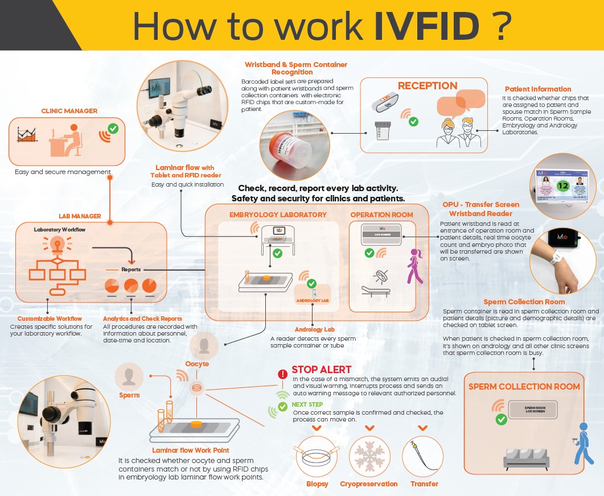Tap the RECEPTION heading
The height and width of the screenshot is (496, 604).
click(428, 86)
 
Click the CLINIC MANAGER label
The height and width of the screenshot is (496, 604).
click(69, 111)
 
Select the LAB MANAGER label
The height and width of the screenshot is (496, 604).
click(80, 216)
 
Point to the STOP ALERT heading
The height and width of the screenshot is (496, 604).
click(321, 370)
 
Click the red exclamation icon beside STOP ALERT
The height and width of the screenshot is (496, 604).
click(282, 374)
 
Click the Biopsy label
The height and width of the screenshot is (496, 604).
click(317, 484)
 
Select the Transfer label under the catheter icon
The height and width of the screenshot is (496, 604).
click(424, 484)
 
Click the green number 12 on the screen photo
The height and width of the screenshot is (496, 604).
click(562, 185)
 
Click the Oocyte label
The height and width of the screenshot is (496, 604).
click(197, 364)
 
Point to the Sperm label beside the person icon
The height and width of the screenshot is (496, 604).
click(129, 395)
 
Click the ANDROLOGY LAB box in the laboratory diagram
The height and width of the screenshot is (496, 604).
click(313, 300)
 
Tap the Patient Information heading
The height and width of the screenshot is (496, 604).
click(538, 89)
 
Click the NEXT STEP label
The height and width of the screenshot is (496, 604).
click(307, 404)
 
